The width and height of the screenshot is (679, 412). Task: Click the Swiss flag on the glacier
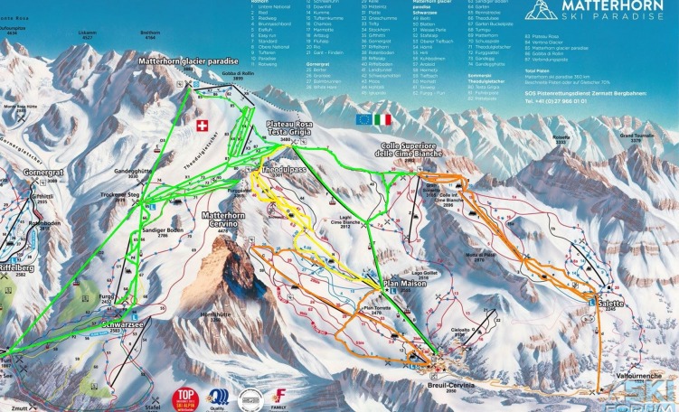click(202, 125)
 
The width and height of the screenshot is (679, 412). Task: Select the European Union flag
click(363, 118)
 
